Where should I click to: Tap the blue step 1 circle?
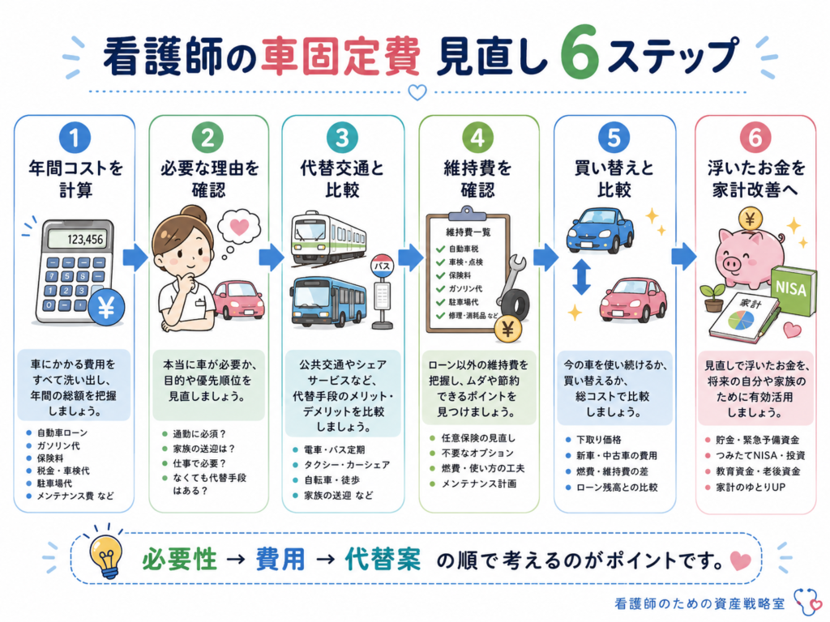75,138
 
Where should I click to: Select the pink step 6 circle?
755,138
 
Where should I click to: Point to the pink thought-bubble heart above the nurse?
239,227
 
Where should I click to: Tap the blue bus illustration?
328,301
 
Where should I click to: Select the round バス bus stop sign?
383,266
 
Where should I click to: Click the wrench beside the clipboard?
510,280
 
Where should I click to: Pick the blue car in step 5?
601,232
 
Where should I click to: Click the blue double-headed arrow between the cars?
582,276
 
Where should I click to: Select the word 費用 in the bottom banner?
280,560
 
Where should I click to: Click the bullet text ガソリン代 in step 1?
58,446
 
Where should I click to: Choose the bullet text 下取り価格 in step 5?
599,440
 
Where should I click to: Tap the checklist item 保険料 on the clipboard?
460,275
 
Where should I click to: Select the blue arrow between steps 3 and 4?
411,258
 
